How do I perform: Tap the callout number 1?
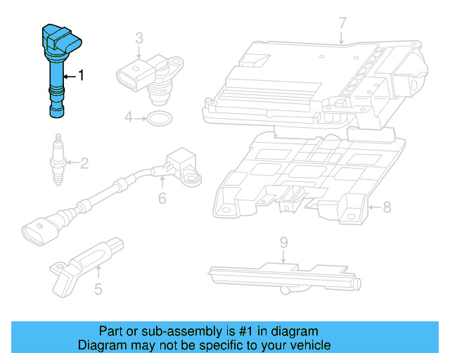click(x=81, y=75)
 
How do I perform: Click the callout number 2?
click(x=84, y=164)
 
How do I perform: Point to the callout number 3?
click(x=139, y=37)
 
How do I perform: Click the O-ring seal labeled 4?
click(x=158, y=117)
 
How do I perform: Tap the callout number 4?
click(x=129, y=117)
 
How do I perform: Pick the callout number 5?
click(x=98, y=288)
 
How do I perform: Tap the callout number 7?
click(x=342, y=23)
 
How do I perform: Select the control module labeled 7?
click(x=316, y=84)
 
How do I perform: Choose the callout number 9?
click(x=283, y=243)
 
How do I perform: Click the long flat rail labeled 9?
click(x=281, y=274)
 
